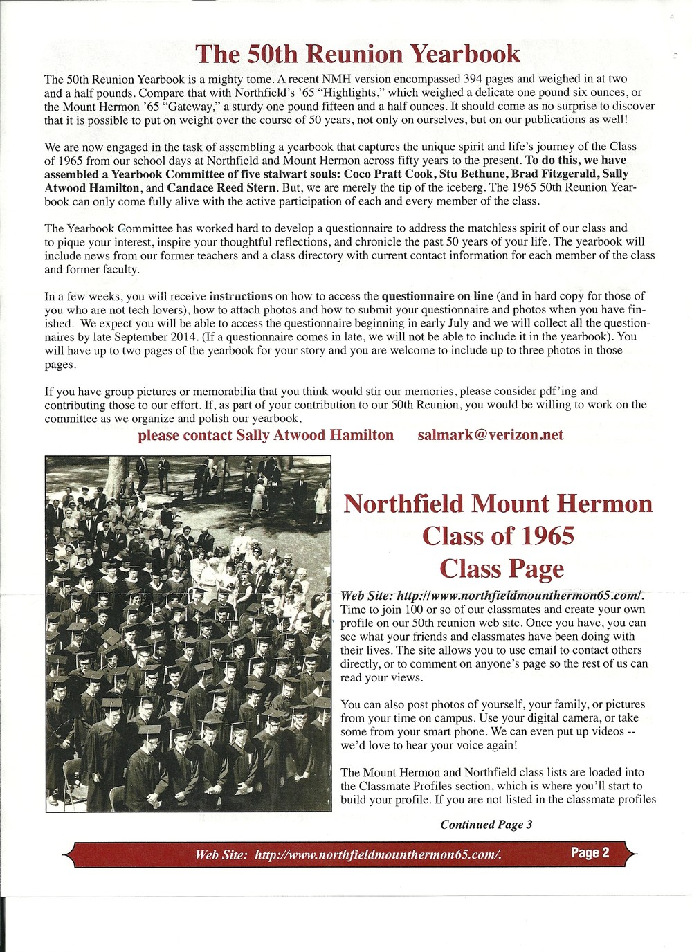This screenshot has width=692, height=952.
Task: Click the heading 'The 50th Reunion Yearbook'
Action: [x=357, y=53]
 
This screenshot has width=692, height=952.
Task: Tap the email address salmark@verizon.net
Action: [x=490, y=435]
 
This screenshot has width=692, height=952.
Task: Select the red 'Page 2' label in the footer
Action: [x=590, y=852]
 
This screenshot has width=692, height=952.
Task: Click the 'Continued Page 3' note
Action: [x=486, y=824]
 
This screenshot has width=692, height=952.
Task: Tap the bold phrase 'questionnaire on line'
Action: [x=437, y=296]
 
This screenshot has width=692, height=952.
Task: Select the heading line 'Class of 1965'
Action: [x=498, y=535]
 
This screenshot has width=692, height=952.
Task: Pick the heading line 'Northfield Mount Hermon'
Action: [x=498, y=503]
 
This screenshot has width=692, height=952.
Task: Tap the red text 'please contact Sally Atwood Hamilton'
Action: [x=266, y=435]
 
